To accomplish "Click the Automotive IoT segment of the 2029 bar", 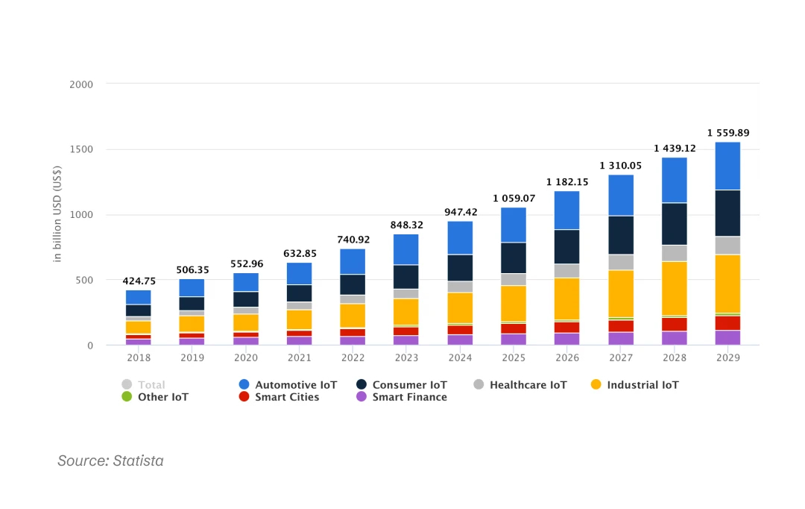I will click(727, 166).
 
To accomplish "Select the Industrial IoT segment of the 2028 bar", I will click(675, 288).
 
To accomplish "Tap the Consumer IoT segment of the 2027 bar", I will click(621, 235).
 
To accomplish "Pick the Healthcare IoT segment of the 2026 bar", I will click(567, 270).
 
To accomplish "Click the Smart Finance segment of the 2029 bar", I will click(727, 337).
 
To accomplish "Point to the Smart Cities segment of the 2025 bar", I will click(513, 328).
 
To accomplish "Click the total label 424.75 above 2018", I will click(139, 281).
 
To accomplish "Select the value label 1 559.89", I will click(727, 133).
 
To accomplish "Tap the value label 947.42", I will click(460, 212).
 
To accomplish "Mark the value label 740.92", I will click(353, 240).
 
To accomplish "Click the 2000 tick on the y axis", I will click(81, 84).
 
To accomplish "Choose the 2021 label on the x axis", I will click(299, 357).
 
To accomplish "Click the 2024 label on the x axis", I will click(460, 357).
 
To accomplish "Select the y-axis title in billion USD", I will click(57, 215).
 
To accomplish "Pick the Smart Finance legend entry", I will click(409, 397).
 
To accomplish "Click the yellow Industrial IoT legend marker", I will click(596, 385).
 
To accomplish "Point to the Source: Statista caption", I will click(110, 460).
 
